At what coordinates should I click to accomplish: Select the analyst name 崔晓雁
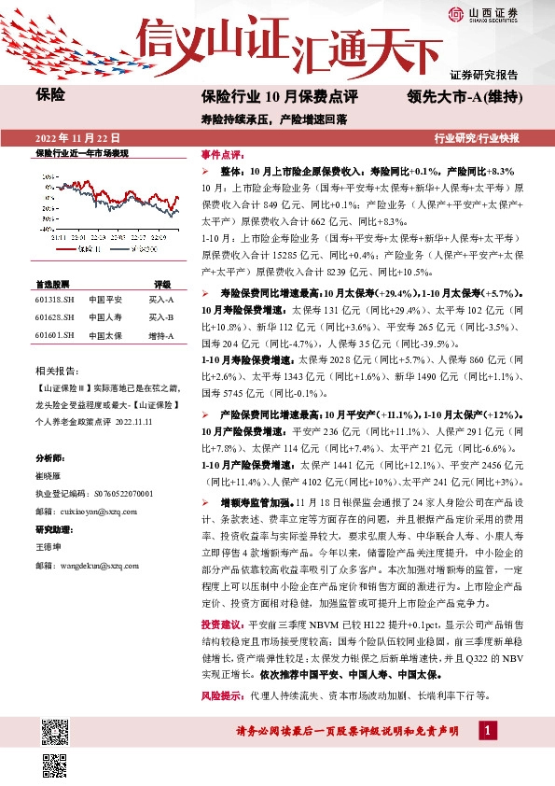coord(48,475)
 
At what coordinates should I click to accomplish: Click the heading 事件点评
coord(222,155)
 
